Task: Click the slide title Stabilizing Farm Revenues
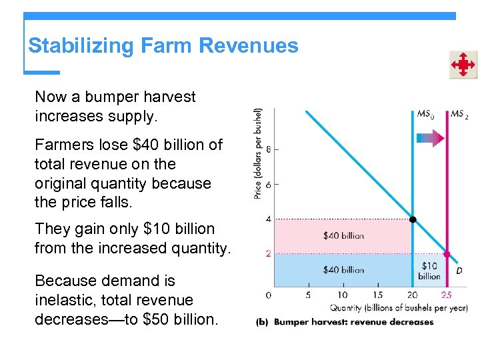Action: coord(163,46)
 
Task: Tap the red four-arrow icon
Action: coord(462,65)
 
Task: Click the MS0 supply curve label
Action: coord(425,114)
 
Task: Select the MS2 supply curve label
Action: coord(459,114)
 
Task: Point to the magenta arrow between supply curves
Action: coord(429,139)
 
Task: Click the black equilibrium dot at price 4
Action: coord(413,219)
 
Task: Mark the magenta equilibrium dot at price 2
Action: coord(447,254)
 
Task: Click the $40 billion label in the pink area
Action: coord(343,235)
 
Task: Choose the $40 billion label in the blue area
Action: coord(343,270)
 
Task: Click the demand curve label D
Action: coord(459,271)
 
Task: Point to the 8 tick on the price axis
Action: coord(268,149)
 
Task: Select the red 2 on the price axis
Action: coord(268,254)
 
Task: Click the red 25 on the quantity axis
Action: coord(447,295)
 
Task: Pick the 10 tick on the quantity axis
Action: coord(342,295)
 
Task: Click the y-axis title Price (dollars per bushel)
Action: coord(258,154)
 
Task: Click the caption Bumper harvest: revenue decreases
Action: coord(353,322)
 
